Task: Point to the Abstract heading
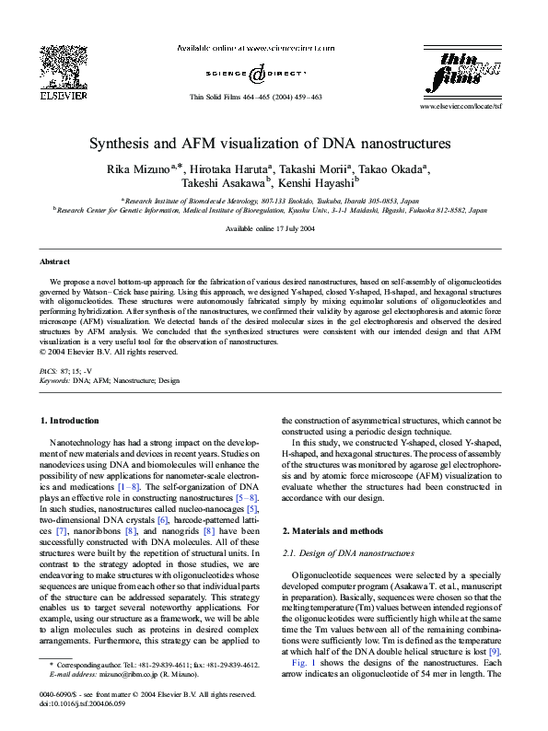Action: point(55,261)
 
